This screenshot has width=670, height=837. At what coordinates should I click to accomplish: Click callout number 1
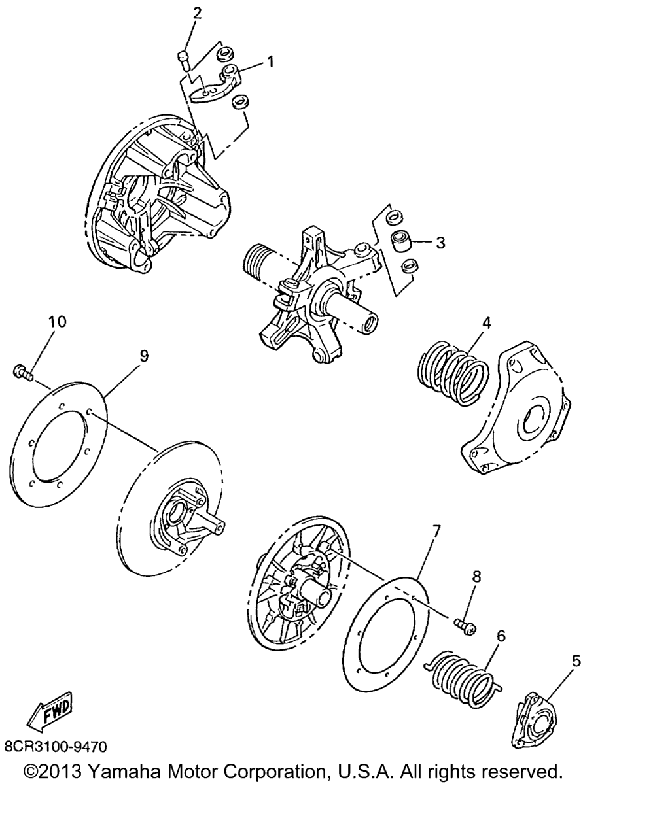270,61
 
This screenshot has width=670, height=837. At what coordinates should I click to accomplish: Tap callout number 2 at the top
198,14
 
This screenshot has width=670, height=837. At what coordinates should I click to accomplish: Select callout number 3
440,243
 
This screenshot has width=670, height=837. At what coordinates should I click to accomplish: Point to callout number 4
487,323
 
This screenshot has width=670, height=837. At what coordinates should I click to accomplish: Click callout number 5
576,661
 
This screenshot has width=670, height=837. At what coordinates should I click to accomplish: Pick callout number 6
501,636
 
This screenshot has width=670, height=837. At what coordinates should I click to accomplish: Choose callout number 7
436,530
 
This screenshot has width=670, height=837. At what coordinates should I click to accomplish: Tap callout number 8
477,576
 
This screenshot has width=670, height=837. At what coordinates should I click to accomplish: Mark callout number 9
144,356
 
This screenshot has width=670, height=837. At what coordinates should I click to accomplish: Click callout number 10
58,321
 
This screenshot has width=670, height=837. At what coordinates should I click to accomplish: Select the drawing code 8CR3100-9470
56,746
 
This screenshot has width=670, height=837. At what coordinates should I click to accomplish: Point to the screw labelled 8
465,626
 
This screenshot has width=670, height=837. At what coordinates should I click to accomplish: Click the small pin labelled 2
184,60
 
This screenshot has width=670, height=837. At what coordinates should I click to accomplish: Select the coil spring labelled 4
453,373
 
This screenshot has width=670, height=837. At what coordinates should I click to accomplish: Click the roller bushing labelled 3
400,241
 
